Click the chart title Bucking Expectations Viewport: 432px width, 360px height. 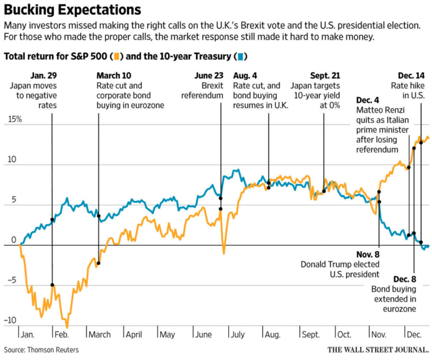(x=72, y=10)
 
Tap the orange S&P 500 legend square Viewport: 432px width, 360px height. (x=116, y=56)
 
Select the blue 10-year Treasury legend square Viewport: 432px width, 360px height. (x=240, y=56)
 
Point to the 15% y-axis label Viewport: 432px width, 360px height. (x=15, y=119)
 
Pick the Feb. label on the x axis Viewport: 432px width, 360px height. (x=61, y=335)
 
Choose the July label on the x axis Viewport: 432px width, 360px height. (x=238, y=335)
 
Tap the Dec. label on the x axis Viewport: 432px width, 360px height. (x=414, y=335)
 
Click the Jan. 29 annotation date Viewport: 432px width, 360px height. (x=44, y=76)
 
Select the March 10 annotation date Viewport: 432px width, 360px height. (x=114, y=76)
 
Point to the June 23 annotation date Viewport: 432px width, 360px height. (x=209, y=76)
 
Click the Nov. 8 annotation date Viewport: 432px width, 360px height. (x=368, y=254)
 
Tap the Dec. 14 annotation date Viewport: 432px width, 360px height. (x=411, y=76)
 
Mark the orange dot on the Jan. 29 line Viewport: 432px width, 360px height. (x=52, y=285)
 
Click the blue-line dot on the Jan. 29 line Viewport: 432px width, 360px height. (x=52, y=220)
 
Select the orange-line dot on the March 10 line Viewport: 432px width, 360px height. (x=99, y=263)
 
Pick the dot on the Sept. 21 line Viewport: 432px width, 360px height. (x=324, y=191)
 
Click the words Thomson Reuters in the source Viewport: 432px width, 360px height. (x=53, y=350)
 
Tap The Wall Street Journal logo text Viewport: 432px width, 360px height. (x=378, y=350)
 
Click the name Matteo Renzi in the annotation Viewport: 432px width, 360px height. (x=380, y=110)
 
